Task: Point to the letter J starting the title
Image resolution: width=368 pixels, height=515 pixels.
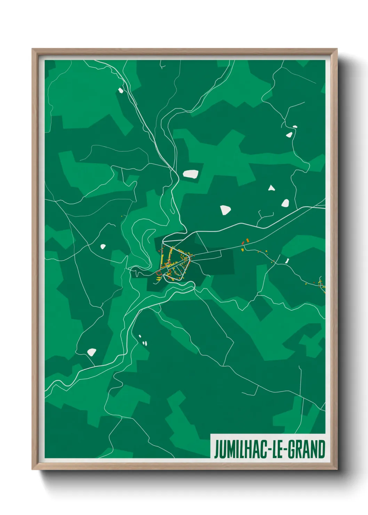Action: coord(217,450)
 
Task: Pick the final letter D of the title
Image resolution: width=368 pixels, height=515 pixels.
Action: coord(321,449)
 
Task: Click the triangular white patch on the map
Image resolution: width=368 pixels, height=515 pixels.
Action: coord(271,188)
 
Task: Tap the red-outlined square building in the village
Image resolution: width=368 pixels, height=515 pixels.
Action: coord(159,273)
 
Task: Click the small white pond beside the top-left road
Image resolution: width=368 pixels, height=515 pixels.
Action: coord(121,90)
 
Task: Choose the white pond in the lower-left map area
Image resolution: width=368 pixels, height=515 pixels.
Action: coord(91,352)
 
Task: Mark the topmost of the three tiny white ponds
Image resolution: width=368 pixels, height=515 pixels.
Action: coord(140,336)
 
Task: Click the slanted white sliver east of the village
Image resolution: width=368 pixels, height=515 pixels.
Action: coord(287,260)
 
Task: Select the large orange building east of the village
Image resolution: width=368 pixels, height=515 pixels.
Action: coord(247,240)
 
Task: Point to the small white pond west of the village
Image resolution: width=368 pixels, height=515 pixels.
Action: coord(103,247)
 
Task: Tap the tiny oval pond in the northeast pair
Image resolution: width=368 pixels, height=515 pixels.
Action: coord(295,127)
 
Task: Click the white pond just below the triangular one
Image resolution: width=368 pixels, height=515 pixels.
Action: coord(285,203)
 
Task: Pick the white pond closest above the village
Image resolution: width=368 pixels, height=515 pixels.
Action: coord(225,210)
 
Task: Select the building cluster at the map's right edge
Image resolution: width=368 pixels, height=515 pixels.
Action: coord(322,283)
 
